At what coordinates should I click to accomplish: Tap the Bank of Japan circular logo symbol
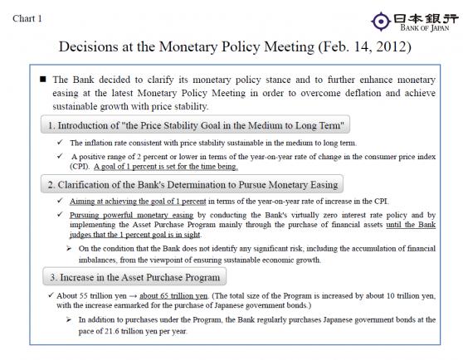(x=378, y=20)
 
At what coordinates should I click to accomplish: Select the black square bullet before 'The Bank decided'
(x=42, y=80)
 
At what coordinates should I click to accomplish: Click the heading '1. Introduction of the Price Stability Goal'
(x=197, y=125)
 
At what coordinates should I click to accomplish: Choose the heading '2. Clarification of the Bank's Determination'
(x=192, y=184)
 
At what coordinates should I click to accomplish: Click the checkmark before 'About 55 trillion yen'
(x=51, y=295)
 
